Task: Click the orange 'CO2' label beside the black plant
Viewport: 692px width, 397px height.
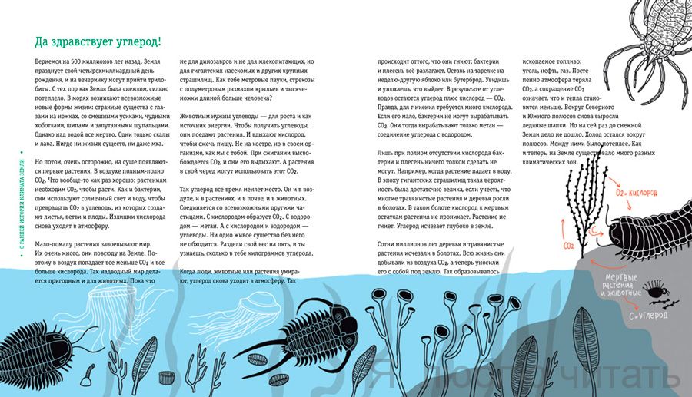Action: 571,246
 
